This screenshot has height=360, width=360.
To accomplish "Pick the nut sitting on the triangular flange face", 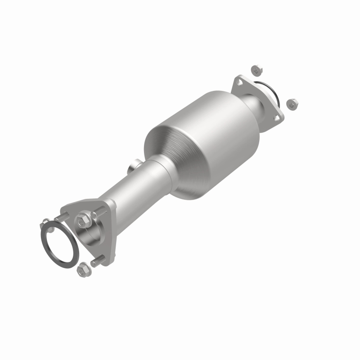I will coord(82,220).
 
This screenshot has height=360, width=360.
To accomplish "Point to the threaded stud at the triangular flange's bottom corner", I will coord(98,261).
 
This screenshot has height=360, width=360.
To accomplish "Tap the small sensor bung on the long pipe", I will coord(132,168).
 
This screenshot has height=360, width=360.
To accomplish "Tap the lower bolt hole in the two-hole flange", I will coord(278,117).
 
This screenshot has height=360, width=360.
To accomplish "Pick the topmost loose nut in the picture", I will coord(256,70).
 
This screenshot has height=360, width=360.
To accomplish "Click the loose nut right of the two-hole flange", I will coord(291,103).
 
